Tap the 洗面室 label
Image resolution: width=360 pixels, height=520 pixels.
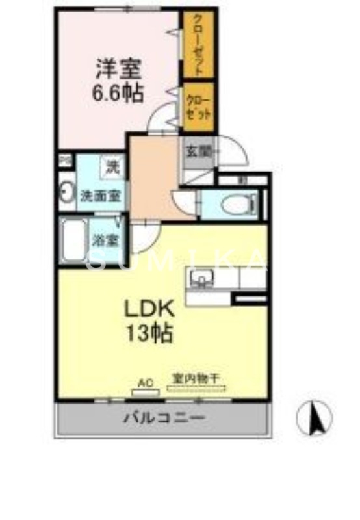pyautogui.click(x=99, y=195)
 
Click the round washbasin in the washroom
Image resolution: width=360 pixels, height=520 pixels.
pyautogui.click(x=66, y=193)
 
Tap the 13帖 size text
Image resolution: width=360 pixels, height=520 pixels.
pyautogui.click(x=149, y=333)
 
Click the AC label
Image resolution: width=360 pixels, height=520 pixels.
pyautogui.click(x=146, y=383)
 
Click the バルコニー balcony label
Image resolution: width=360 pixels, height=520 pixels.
pyautogui.click(x=164, y=417)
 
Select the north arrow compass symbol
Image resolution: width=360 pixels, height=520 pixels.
pyautogui.click(x=315, y=418)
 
